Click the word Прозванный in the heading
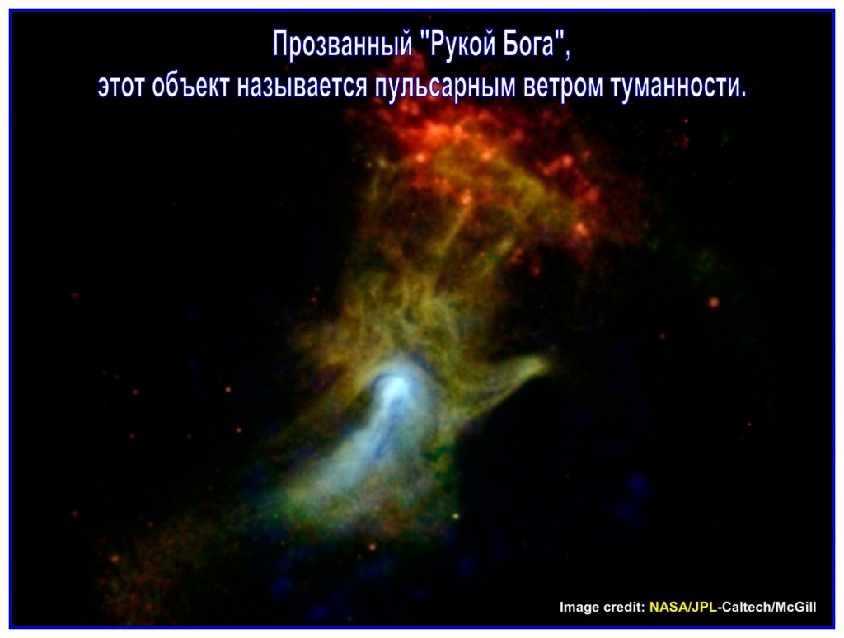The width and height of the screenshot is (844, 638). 343,45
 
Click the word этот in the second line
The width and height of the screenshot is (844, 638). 121,87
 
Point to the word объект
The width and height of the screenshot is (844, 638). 190,87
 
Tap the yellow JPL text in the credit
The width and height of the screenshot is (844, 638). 704,607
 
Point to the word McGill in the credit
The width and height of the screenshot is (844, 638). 795,607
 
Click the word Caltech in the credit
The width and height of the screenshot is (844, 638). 745,607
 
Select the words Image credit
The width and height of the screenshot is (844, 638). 602,607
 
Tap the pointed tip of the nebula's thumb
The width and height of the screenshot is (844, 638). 547,364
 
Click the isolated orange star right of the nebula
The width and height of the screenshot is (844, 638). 714,302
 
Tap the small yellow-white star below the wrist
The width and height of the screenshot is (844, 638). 456,516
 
